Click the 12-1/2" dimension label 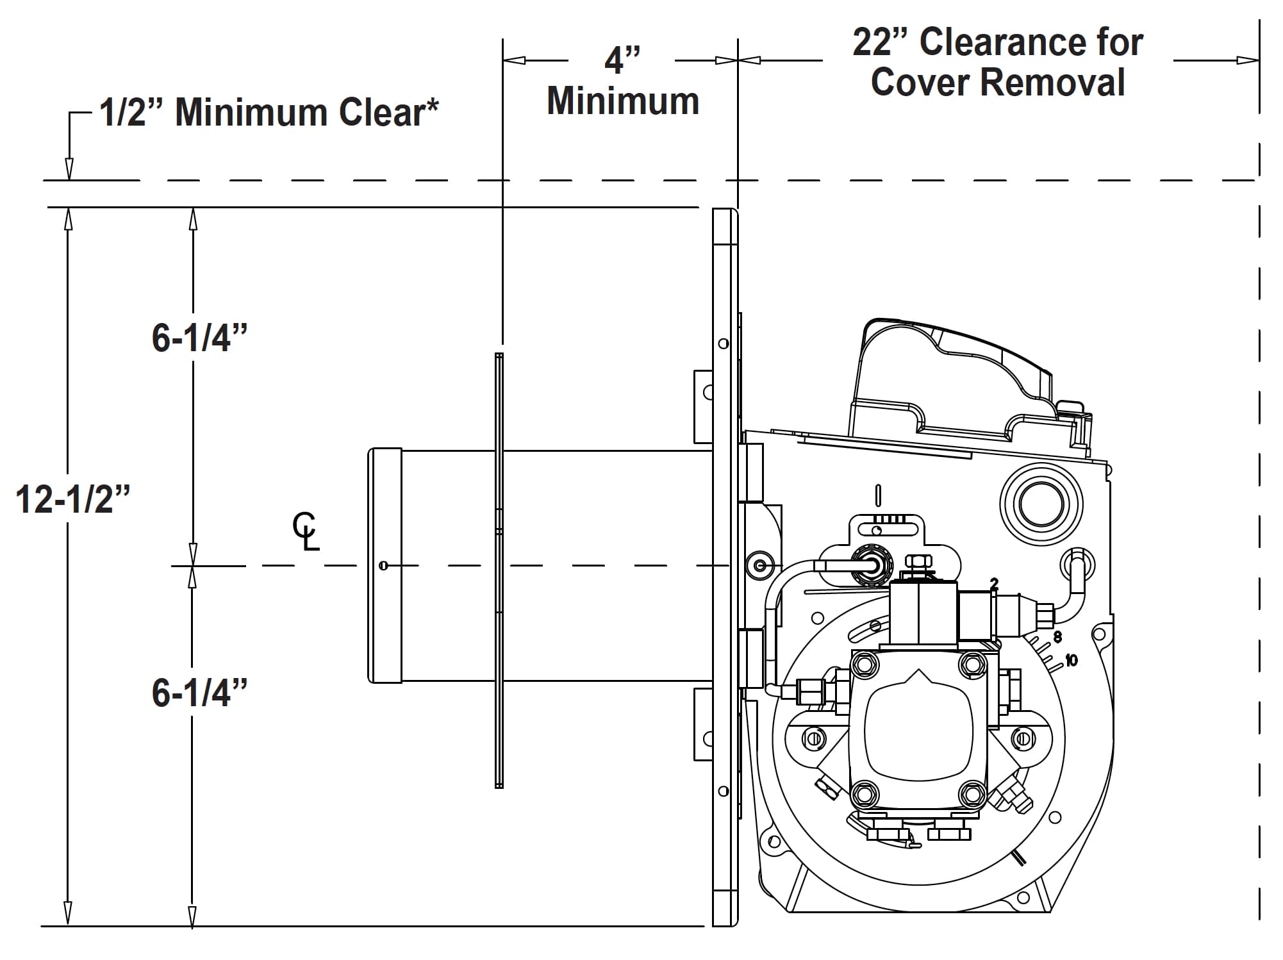[72, 500]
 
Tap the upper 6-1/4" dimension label [199, 338]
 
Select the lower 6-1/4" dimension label [199, 693]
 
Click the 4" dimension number [622, 60]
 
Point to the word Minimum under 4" [623, 101]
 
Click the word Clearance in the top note [1031, 42]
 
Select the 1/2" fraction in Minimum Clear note [132, 113]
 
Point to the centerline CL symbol [306, 531]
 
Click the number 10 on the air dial [1071, 660]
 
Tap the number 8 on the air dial [1057, 636]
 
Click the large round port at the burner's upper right [1041, 504]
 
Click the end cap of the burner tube [385, 565]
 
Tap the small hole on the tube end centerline [383, 565]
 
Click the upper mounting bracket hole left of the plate [708, 392]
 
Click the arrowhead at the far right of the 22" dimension [1248, 60]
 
